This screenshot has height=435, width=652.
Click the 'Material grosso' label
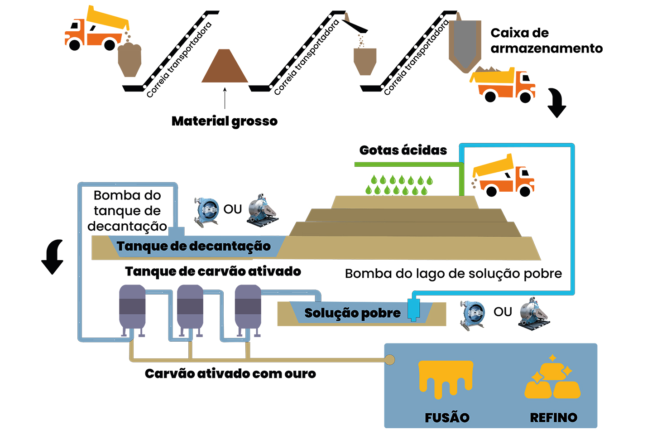[225, 121]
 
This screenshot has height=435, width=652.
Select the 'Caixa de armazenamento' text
[546, 40]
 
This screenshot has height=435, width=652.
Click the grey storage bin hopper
[465, 43]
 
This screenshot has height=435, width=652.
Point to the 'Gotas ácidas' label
[403, 150]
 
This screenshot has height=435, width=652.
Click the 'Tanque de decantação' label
[194, 246]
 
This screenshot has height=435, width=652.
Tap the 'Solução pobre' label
[352, 313]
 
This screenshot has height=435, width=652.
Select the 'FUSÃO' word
[447, 417]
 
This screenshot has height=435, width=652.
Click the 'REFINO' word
[553, 417]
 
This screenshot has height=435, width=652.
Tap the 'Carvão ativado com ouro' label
[230, 373]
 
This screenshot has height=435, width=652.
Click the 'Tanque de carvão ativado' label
[213, 271]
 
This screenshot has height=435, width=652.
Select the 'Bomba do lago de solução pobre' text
[453, 274]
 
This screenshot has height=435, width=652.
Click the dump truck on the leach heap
[503, 177]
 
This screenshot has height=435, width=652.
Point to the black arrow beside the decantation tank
[53, 256]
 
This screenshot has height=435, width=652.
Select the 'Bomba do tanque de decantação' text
[127, 211]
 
